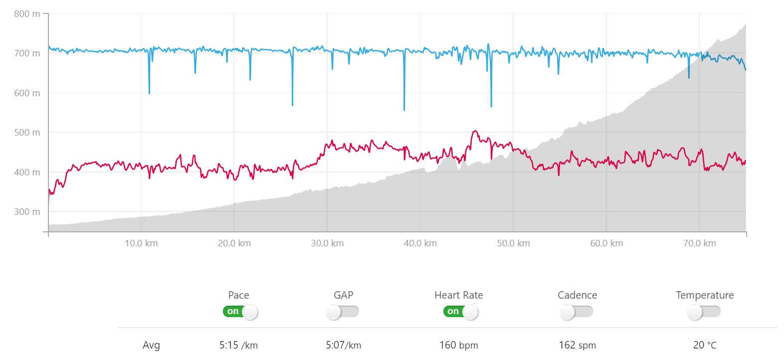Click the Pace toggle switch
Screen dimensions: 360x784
pos(240,312)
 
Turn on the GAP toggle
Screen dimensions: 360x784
pos(342,312)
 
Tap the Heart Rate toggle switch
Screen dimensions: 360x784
pos(460,312)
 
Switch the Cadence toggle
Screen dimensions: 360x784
pos(576,312)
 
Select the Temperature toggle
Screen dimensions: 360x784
pos(704,312)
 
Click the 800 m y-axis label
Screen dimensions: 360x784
pos(27,14)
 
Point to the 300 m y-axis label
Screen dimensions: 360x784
pos(27,211)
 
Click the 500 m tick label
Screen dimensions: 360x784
pos(27,132)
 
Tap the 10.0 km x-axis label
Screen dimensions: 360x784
pos(141,243)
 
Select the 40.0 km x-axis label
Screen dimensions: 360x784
pos(420,243)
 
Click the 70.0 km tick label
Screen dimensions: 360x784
pos(699,243)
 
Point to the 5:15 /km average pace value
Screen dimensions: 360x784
pos(238,345)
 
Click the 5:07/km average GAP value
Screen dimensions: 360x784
pos(343,345)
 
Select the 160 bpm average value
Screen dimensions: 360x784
pos(458,345)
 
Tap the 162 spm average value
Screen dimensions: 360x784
pos(577,345)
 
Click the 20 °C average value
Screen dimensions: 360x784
pos(704,345)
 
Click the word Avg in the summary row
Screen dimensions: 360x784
pos(151,345)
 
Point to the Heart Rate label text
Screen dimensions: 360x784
pos(458,295)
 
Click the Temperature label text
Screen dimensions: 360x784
pos(704,295)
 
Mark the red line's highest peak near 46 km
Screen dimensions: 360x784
pos(475,131)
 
